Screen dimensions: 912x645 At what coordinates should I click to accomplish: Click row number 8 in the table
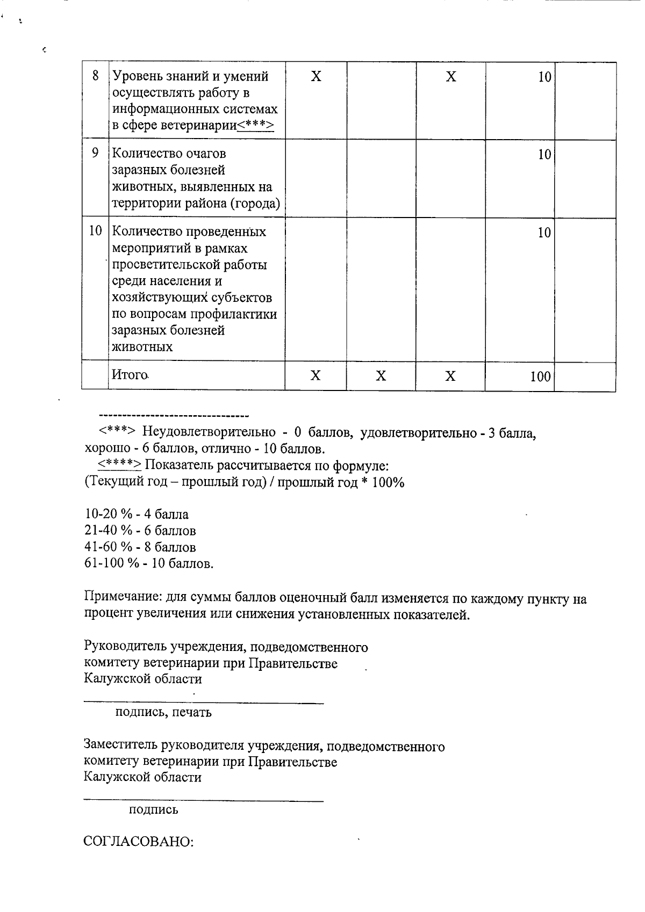[95, 76]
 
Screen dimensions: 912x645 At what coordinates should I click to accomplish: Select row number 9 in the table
[95, 153]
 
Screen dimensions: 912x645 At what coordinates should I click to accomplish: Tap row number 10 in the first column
[95, 231]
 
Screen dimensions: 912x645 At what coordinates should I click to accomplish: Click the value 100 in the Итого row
[540, 377]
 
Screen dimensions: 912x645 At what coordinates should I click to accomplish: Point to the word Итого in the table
[130, 374]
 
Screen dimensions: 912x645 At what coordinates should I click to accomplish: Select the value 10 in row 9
[544, 155]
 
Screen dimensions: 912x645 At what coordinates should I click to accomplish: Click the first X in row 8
[316, 77]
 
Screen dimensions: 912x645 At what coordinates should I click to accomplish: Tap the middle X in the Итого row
[381, 376]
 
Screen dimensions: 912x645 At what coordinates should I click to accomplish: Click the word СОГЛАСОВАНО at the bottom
[138, 842]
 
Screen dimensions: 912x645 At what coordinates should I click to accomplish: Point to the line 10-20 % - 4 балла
[137, 515]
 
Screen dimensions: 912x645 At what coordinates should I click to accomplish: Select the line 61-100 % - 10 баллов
[149, 563]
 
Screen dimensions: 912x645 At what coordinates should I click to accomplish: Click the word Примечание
[123, 598]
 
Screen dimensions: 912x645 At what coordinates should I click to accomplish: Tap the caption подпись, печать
[163, 712]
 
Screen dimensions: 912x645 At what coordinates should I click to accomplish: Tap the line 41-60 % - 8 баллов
[140, 547]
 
